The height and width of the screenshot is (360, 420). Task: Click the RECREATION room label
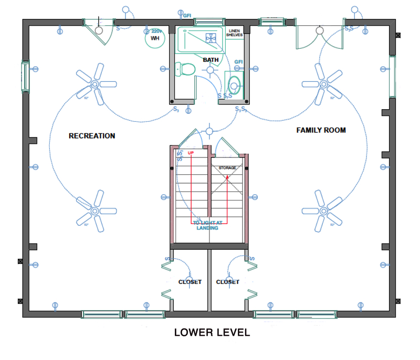tap(92, 136)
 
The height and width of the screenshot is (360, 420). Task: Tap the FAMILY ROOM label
tap(321, 130)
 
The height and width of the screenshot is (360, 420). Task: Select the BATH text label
tap(211, 60)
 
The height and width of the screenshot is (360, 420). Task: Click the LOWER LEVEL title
tap(212, 333)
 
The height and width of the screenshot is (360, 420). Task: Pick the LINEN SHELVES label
tap(234, 33)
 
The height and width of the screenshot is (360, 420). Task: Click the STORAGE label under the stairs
tap(227, 168)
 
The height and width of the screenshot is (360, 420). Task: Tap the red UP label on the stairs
tap(191, 153)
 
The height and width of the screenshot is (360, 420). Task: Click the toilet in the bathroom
tap(185, 69)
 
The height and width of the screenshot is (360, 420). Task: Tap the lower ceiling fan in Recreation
tap(95, 211)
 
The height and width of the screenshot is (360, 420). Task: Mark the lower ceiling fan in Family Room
tap(322, 210)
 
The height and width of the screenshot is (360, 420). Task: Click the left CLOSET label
tap(190, 282)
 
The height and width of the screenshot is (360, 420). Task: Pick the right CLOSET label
tap(228, 282)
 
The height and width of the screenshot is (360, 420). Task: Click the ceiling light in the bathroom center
tap(211, 70)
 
